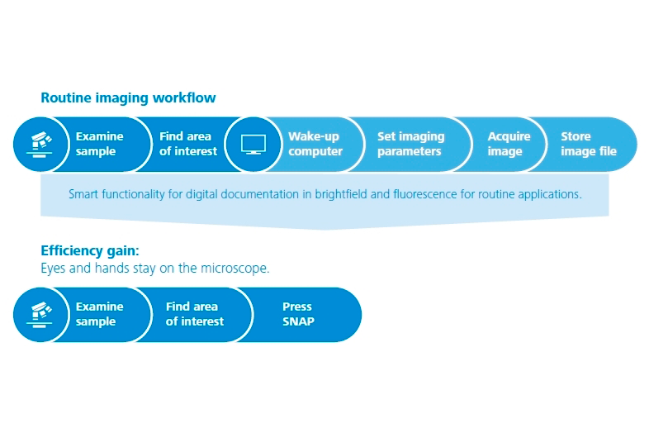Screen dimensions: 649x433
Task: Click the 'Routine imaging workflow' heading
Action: tap(128, 98)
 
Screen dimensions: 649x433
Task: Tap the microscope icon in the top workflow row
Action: tap(40, 144)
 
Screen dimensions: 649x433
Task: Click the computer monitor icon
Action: tap(253, 144)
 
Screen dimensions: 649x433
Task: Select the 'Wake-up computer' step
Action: tap(315, 144)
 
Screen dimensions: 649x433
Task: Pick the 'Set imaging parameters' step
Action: tap(410, 144)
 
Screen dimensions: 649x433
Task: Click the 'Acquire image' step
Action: tap(509, 144)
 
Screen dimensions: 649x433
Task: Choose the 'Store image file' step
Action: tap(589, 144)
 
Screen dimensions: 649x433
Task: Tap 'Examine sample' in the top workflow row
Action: tap(99, 144)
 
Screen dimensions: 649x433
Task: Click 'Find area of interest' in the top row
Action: tap(188, 144)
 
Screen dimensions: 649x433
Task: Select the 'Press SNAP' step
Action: tap(298, 314)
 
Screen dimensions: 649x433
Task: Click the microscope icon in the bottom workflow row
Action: tap(40, 315)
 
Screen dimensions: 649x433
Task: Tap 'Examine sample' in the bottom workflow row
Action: tap(99, 314)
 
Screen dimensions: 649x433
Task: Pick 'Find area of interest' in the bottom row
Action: tap(195, 314)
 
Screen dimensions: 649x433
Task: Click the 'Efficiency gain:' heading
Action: tap(90, 251)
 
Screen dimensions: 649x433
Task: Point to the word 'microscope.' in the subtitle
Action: tap(235, 269)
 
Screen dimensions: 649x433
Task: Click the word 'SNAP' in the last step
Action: tap(298, 321)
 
